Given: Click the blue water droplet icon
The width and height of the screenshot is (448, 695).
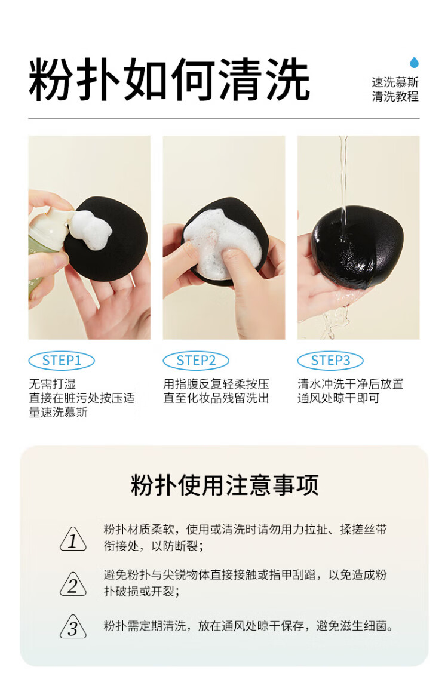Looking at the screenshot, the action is (x=414, y=63).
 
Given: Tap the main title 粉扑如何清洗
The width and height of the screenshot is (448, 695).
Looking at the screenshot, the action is (x=169, y=80).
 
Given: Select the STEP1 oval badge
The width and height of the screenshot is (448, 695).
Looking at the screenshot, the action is (x=62, y=361).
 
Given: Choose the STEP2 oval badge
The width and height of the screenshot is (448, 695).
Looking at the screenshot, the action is (x=196, y=361).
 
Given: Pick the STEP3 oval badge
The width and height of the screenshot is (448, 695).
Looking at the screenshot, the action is (x=330, y=361).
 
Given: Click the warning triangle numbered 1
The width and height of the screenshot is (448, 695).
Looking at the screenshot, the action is (x=73, y=539).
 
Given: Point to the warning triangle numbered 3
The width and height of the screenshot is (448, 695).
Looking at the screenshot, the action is (x=73, y=627).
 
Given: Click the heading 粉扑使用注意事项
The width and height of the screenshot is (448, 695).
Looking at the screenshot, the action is (x=225, y=485).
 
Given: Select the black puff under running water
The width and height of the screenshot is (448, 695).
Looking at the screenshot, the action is (x=357, y=246).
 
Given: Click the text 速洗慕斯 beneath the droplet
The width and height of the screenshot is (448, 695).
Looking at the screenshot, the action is (x=395, y=82).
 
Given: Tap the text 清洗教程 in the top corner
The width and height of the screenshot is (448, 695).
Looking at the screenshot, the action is (x=395, y=96).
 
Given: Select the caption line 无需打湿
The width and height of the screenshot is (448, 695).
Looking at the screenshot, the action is (x=53, y=384).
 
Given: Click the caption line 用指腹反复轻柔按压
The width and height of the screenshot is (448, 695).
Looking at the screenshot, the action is (x=216, y=384).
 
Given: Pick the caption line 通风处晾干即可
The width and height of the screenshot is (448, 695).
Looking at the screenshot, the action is (x=339, y=398).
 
